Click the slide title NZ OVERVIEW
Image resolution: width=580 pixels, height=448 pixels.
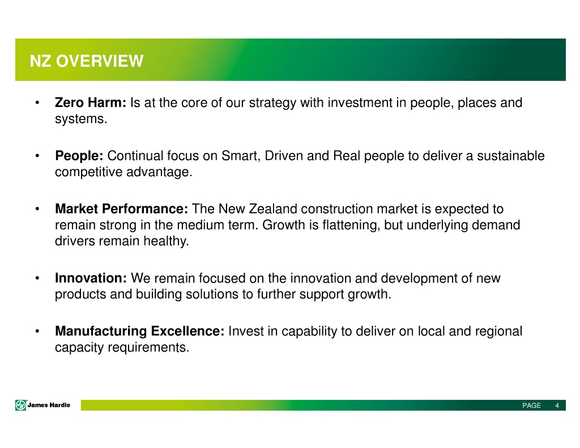tap(86, 61)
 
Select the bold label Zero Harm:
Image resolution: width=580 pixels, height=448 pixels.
tap(91, 103)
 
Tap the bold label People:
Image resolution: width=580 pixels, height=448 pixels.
tap(79, 156)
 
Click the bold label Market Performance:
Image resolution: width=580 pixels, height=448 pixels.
tap(122, 209)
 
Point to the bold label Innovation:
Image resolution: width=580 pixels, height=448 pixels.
tap(91, 278)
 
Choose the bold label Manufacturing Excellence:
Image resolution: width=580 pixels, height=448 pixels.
tap(140, 331)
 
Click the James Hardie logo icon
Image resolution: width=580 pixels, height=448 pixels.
tap(21, 405)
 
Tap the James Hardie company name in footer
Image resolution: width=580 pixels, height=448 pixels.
tap(49, 405)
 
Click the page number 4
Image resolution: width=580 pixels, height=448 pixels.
tap(557, 406)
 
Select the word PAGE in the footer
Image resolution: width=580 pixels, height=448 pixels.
tap(531, 406)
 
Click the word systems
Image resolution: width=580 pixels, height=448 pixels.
tap(81, 119)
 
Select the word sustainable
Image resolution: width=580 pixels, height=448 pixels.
tap(511, 156)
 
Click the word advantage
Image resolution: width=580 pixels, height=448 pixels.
tap(159, 172)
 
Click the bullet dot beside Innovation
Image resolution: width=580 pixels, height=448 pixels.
tap(37, 278)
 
